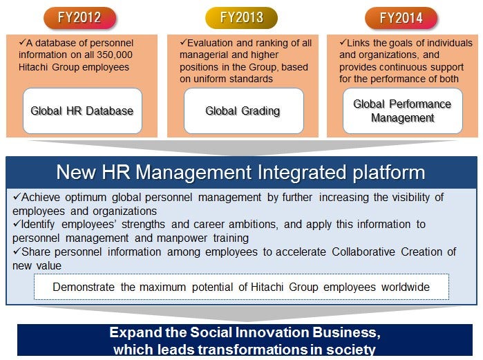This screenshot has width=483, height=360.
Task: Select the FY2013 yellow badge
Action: (x=242, y=18)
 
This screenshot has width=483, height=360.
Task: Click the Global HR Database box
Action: (x=82, y=111)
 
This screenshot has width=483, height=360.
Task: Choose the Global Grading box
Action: (x=243, y=111)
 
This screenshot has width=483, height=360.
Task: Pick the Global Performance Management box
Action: (x=402, y=111)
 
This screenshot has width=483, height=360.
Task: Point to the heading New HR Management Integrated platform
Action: (x=240, y=172)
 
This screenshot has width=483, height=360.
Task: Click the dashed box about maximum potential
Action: (x=241, y=287)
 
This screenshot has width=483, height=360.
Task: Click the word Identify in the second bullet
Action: (x=35, y=225)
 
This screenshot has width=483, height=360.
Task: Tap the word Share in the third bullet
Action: (x=32, y=252)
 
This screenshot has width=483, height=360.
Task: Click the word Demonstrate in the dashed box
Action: (x=86, y=287)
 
